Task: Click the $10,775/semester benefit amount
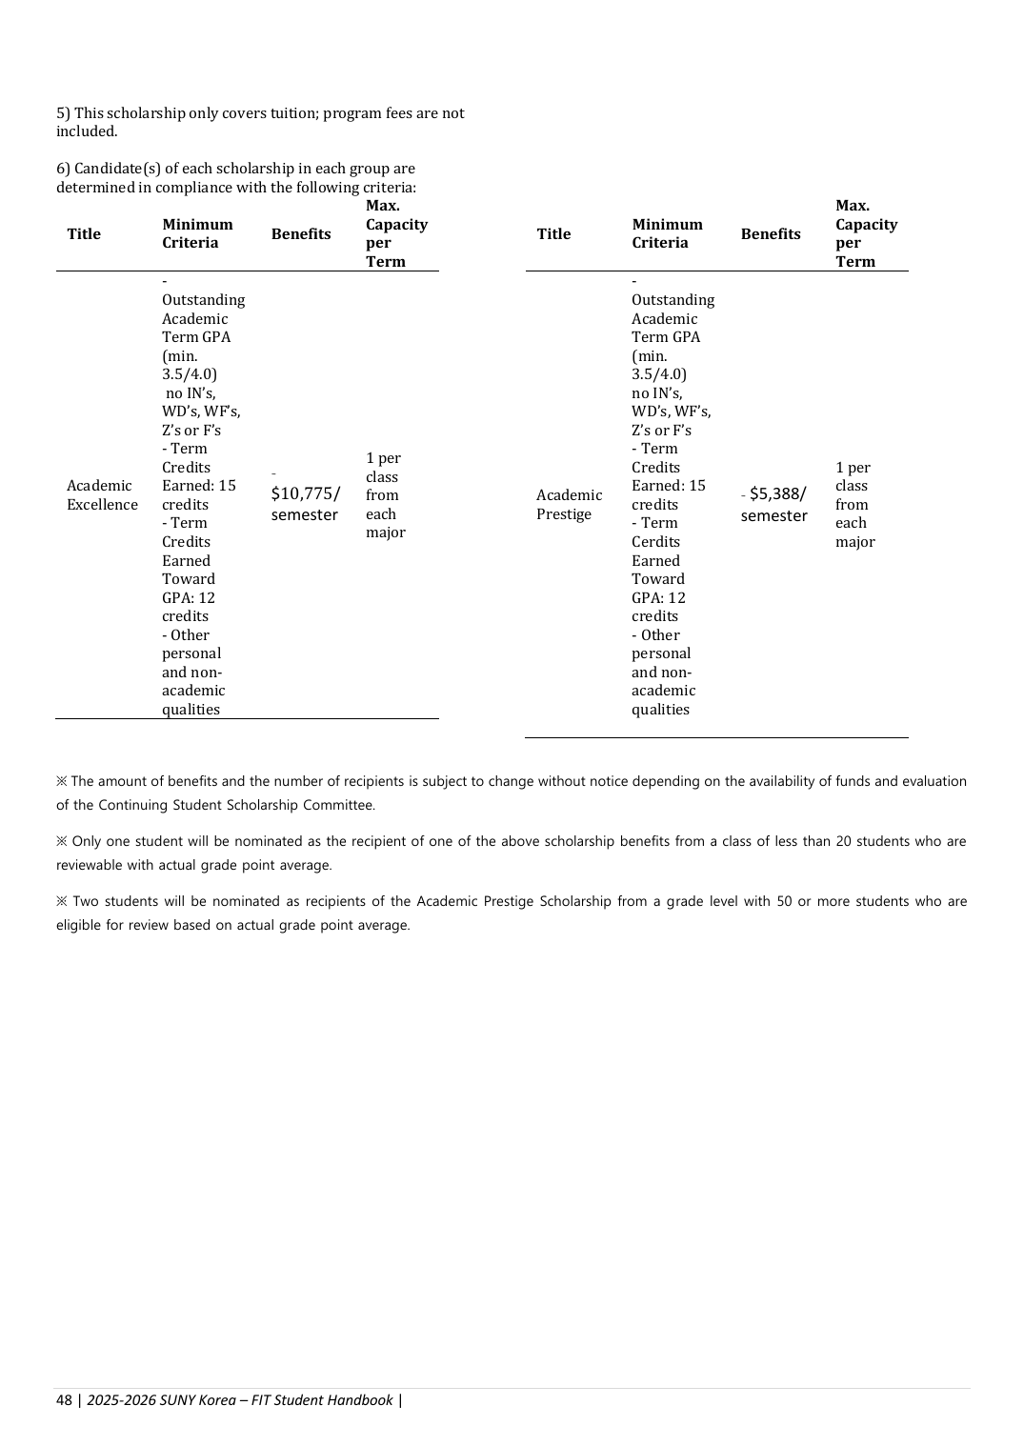coord(305,504)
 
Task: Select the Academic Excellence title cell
coord(102,495)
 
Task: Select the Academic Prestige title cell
coord(569,505)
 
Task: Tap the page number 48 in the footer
coord(64,1400)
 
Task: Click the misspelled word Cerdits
coord(655,542)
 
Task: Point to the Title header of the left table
coord(84,234)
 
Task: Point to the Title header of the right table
coord(553,234)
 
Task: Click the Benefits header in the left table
coord(301,234)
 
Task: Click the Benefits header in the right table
coord(771,234)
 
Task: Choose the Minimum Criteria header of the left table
coord(197,233)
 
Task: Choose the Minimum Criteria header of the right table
coord(667,233)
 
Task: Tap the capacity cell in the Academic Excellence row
coord(385,495)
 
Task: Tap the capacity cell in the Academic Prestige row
coord(854,505)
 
